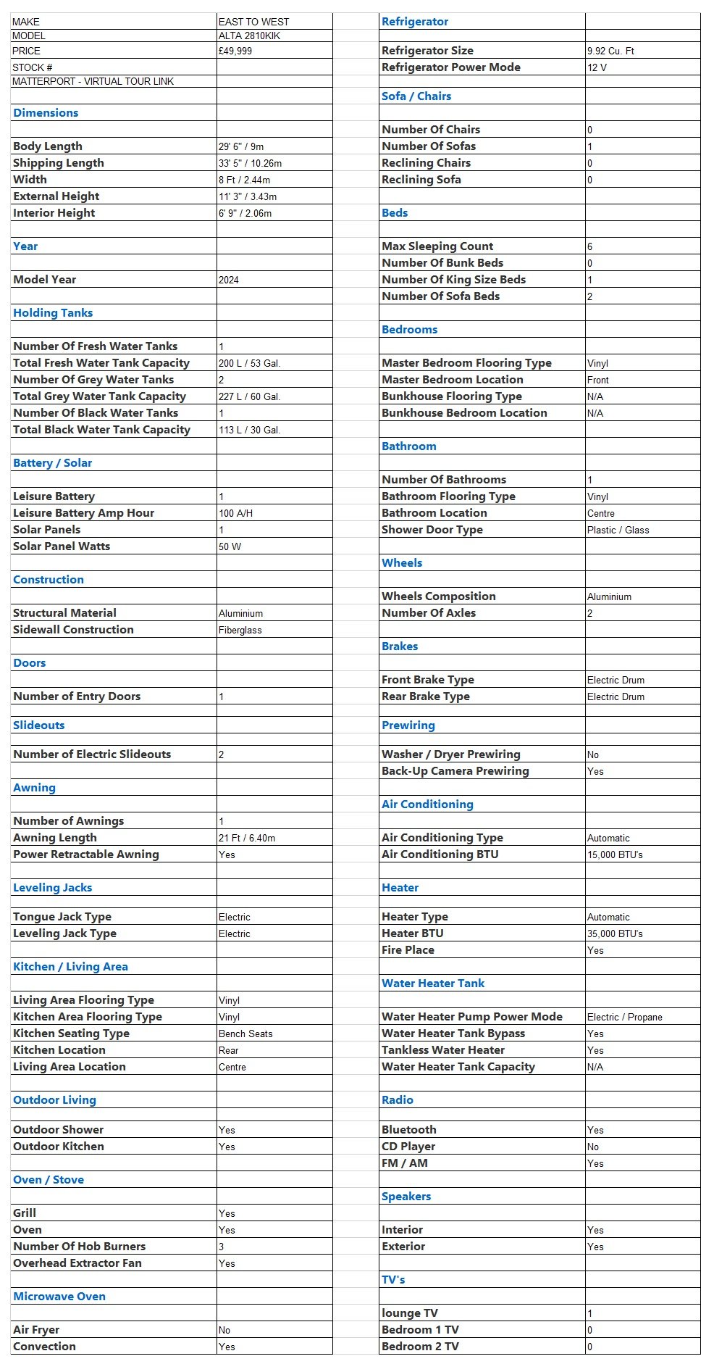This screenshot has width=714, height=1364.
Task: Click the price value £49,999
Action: coord(235,51)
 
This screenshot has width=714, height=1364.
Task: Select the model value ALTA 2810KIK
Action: coord(249,36)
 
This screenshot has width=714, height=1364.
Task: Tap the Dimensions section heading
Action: coord(46,113)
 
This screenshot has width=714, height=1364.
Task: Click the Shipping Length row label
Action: coord(59,163)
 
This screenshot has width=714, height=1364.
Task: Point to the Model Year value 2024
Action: coord(229,280)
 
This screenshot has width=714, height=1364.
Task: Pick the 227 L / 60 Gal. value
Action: coord(249,396)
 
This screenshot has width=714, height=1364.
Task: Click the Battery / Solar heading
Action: coord(53,463)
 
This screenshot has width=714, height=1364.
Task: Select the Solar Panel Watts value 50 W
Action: coord(230,546)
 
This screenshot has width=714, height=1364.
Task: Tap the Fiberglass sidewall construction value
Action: coord(240,630)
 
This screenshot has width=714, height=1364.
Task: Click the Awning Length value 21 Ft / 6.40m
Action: coord(247,838)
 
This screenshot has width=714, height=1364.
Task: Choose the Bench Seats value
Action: coord(245,1034)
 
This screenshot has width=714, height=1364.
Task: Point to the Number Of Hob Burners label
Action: coord(80,1246)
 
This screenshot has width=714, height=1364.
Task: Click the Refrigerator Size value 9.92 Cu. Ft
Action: coord(610,51)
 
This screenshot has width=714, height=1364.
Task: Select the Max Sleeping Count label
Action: coord(437,246)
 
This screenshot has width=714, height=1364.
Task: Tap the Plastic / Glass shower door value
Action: coord(618,530)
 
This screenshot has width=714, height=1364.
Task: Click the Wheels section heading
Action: coord(402,563)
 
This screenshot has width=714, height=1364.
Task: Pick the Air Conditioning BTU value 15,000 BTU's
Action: coord(615,854)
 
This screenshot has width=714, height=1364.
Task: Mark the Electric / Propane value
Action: coord(624,1017)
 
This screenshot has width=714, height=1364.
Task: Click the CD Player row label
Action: coord(408,1147)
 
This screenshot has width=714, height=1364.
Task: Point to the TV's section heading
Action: coord(393,1280)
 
